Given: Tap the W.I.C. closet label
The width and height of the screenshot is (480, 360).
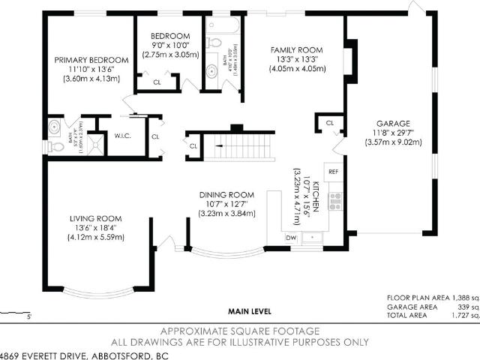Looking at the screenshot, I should [x=123, y=136].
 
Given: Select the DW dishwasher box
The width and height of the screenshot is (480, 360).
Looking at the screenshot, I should [x=292, y=238].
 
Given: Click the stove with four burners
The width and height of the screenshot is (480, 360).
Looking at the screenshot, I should [x=335, y=200].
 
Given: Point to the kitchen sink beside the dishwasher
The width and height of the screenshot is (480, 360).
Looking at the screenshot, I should [x=314, y=238].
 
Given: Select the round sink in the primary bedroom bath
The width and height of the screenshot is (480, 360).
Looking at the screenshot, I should [x=55, y=127].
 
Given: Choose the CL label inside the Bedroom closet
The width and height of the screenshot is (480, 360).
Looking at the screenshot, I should [x=157, y=82].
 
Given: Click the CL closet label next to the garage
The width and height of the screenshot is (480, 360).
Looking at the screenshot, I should [x=329, y=122].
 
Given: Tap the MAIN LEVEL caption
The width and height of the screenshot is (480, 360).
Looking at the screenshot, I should [x=250, y=311].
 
